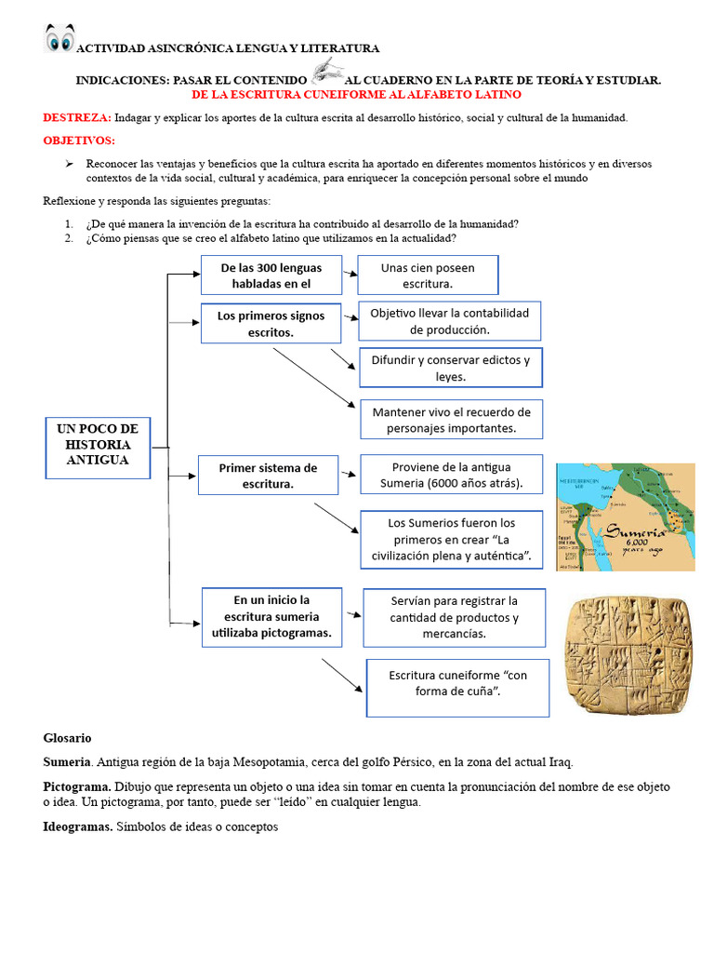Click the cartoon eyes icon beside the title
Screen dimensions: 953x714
tap(59, 40)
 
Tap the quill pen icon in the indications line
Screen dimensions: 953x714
tap(326, 71)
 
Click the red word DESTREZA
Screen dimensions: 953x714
tap(77, 118)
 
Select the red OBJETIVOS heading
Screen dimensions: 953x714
tap(79, 141)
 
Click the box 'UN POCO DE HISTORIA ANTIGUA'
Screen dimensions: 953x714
tap(98, 446)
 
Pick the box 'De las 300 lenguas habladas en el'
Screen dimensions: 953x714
tap(271, 275)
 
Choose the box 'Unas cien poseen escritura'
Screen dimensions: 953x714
tap(428, 275)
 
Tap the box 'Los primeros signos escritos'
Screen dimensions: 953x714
tap(271, 323)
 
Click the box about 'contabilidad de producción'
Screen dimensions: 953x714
tap(449, 321)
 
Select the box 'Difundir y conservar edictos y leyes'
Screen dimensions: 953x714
tap(451, 368)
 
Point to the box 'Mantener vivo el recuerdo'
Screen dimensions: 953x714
tap(451, 420)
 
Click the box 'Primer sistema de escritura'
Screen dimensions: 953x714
tap(268, 476)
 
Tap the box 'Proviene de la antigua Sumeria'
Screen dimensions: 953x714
tap(451, 474)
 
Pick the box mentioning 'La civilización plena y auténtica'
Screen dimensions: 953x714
tap(451, 539)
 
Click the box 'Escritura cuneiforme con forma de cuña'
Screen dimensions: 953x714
tap(457, 688)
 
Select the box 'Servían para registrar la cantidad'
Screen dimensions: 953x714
tap(454, 617)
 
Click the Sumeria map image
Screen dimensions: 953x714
tap(625, 517)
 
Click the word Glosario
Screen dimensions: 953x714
tap(67, 738)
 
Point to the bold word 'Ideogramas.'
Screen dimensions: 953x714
tap(78, 826)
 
